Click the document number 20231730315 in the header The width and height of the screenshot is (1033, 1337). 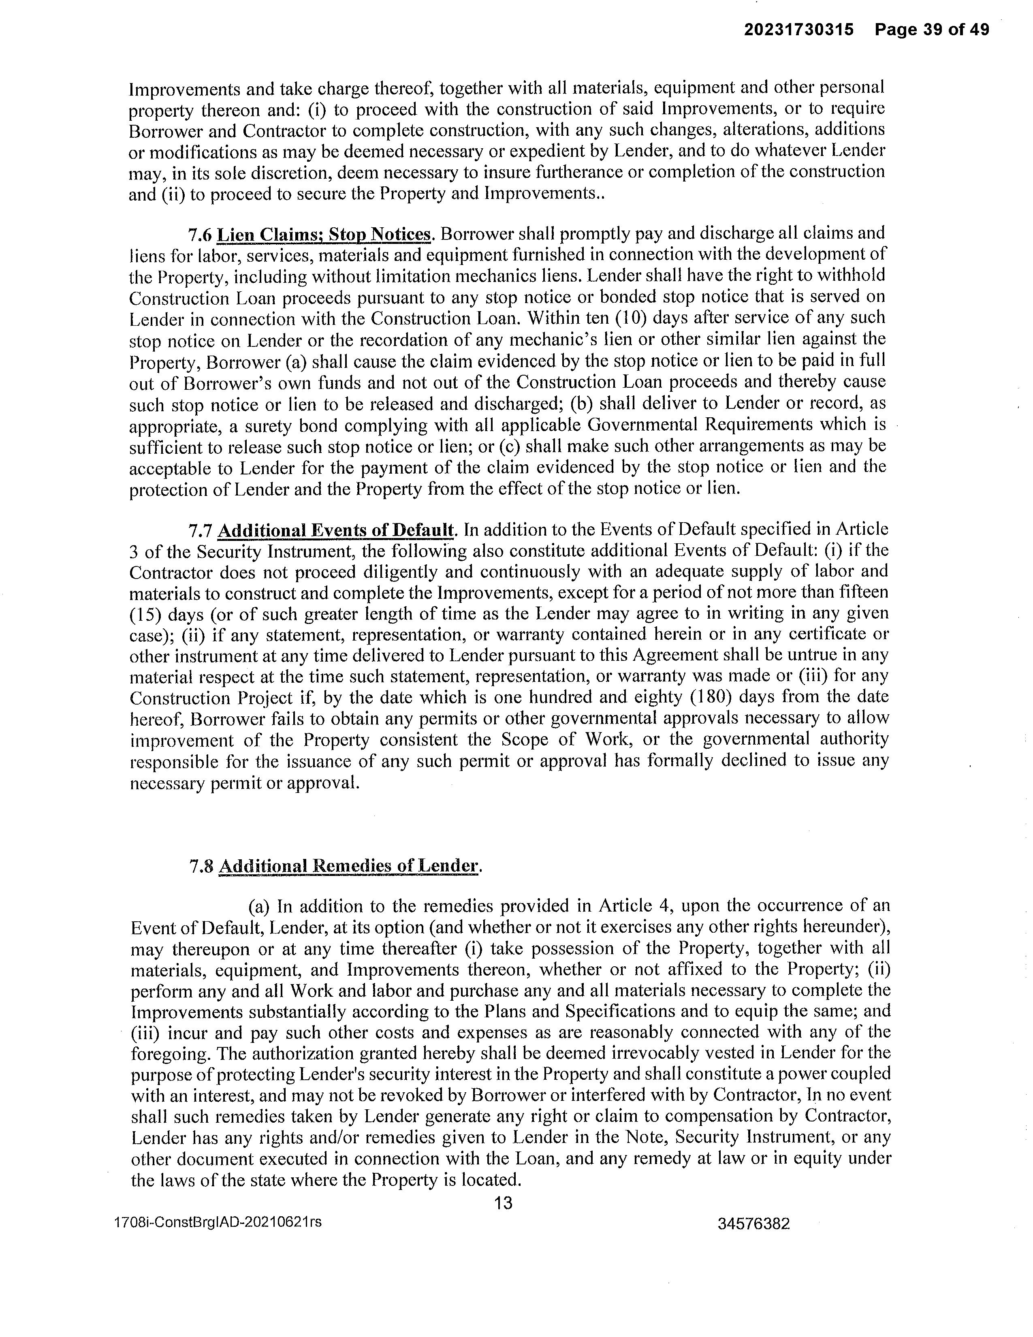[798, 30]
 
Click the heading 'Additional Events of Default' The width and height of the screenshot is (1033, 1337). [336, 530]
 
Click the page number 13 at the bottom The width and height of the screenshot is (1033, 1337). [503, 1204]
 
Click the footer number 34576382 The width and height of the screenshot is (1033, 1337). [753, 1224]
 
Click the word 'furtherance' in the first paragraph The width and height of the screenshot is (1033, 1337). [578, 172]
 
